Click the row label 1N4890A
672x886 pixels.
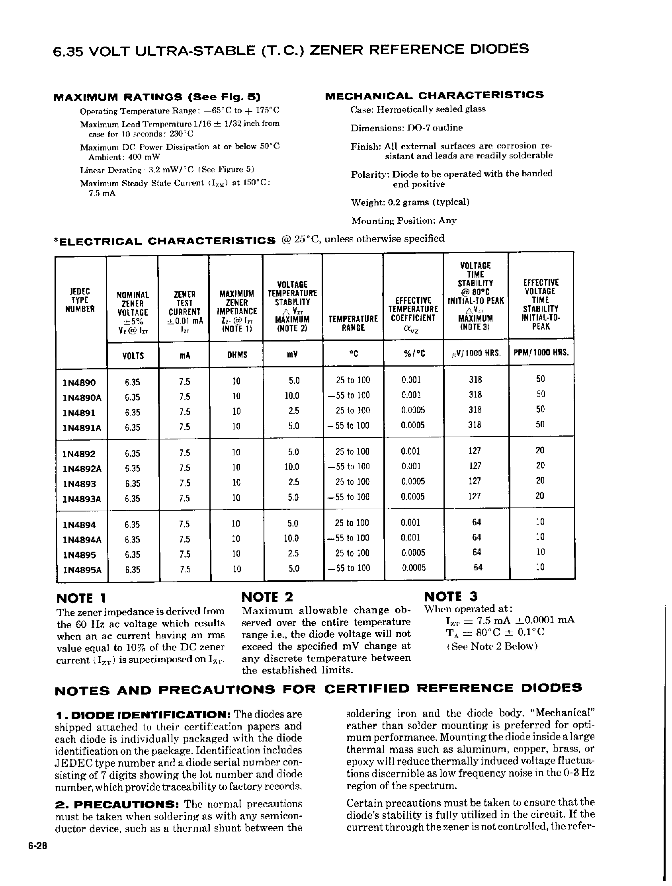(x=82, y=398)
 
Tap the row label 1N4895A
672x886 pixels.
(x=82, y=570)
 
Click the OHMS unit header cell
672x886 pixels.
(x=236, y=355)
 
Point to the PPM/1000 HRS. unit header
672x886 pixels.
(x=541, y=353)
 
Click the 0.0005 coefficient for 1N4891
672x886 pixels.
(x=413, y=410)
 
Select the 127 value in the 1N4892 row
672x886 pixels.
(x=475, y=451)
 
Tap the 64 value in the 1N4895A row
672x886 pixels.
(x=477, y=568)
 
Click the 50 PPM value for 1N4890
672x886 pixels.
(x=541, y=379)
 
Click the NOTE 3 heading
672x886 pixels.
(x=450, y=596)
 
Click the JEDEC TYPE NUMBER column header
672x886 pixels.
(x=80, y=300)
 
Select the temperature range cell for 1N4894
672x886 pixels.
(x=353, y=523)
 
